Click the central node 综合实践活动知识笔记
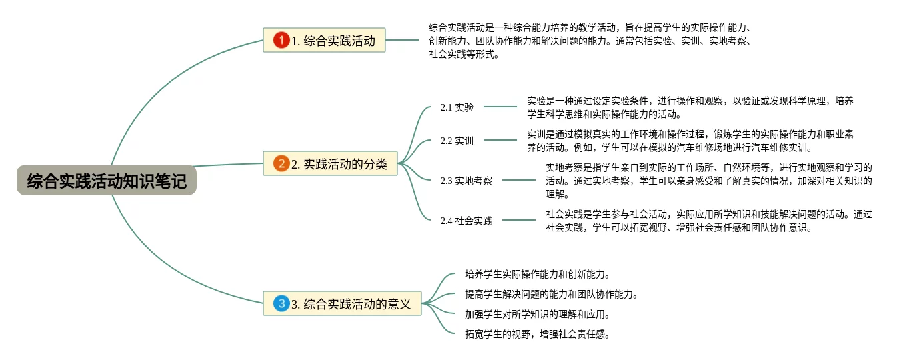107,181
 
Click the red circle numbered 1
281,41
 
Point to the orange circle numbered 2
281,163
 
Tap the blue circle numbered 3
281,304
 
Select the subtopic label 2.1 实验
457,107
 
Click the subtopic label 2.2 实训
457,141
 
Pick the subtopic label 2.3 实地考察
466,180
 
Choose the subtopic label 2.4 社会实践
466,221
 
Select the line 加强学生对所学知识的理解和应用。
538,314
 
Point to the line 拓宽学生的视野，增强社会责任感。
538,334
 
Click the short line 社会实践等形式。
464,55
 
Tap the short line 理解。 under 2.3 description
558,195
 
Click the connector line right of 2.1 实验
500,106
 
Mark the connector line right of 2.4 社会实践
519,219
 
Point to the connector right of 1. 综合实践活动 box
402,40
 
